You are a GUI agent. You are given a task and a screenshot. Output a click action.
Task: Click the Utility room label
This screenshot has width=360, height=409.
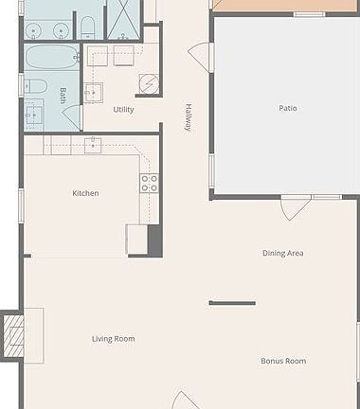click(x=123, y=110)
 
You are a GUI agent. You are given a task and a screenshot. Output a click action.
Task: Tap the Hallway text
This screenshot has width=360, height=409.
click(x=189, y=117)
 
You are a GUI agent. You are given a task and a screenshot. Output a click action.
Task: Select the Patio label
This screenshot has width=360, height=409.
click(x=288, y=108)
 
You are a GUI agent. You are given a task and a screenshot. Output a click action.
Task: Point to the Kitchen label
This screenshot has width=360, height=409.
click(x=85, y=193)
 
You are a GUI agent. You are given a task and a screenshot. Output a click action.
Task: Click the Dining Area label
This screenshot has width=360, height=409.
click(x=283, y=253)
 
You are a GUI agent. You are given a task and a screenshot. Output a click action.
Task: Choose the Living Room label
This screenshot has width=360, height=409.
click(x=114, y=339)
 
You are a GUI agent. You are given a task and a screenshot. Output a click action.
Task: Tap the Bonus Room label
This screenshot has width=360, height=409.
click(x=283, y=361)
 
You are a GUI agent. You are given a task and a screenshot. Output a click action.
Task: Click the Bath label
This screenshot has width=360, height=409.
click(x=63, y=96)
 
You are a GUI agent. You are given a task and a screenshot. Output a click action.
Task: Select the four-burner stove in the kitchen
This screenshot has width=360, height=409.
click(x=150, y=184)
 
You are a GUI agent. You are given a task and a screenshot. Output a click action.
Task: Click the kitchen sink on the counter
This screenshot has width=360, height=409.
click(x=93, y=146)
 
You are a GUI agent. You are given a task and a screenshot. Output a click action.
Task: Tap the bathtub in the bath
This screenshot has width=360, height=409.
click(x=52, y=57)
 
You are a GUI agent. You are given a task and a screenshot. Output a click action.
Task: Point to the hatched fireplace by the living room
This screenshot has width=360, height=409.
click(x=13, y=336)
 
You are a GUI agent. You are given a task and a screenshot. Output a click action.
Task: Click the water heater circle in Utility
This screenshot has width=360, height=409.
click(x=149, y=83)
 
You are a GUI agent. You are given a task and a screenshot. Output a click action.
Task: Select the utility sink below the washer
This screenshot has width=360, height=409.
click(x=94, y=93)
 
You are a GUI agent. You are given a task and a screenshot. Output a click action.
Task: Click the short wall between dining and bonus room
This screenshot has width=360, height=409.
click(x=232, y=303)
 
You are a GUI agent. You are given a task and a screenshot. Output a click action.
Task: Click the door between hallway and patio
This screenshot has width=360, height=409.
click(x=201, y=57)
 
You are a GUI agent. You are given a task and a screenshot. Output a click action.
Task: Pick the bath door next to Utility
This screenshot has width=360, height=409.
click(x=73, y=117)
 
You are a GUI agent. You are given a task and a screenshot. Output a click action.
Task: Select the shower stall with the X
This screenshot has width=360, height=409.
click(x=122, y=20)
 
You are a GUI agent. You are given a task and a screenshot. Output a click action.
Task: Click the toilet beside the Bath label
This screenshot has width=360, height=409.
click(x=36, y=86)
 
